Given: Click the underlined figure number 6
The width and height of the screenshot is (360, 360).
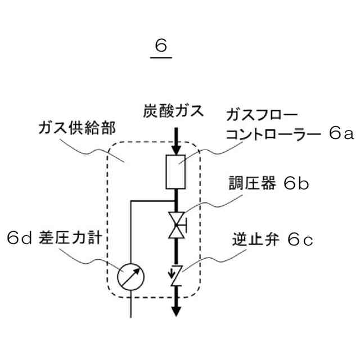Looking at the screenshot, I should tap(162, 46).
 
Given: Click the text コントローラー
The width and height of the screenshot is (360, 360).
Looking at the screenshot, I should tap(266, 134).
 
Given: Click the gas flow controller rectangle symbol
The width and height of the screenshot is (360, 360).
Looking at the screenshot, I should tap(176, 172).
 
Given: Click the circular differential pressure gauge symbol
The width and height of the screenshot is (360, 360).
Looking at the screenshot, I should tap(131, 276).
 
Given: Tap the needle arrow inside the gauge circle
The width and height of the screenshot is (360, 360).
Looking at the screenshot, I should tap(131, 276).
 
